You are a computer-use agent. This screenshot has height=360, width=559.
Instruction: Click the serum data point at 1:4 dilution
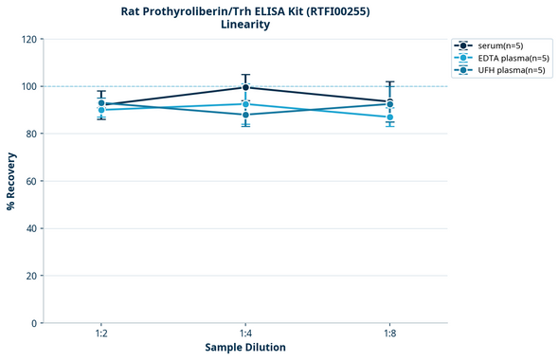[245, 87]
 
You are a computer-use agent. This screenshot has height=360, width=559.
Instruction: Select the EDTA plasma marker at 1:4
[245, 104]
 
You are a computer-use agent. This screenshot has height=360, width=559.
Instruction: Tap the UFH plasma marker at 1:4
[245, 115]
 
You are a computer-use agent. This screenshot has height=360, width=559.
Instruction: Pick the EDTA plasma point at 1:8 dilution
[389, 117]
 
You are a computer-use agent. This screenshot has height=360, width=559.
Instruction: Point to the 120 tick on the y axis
[28, 39]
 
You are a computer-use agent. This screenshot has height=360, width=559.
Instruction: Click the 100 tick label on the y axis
[28, 86]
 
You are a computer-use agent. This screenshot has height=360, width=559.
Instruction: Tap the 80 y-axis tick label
[31, 134]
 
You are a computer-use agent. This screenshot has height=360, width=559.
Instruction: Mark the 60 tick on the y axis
[31, 181]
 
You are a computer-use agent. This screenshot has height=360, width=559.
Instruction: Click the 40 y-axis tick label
[31, 228]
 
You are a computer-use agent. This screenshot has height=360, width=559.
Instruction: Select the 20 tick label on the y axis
[31, 276]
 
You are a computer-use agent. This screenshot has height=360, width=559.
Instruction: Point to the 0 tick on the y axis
[34, 323]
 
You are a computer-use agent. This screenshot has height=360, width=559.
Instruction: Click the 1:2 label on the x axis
[101, 334]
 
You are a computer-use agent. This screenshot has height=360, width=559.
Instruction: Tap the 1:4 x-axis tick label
[245, 334]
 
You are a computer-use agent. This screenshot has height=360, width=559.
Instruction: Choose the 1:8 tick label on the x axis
[389, 334]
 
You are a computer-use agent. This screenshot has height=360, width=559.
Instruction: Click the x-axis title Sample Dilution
[245, 348]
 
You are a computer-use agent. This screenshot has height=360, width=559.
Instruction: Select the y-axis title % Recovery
[11, 181]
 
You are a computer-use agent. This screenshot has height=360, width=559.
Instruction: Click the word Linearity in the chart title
[245, 25]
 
